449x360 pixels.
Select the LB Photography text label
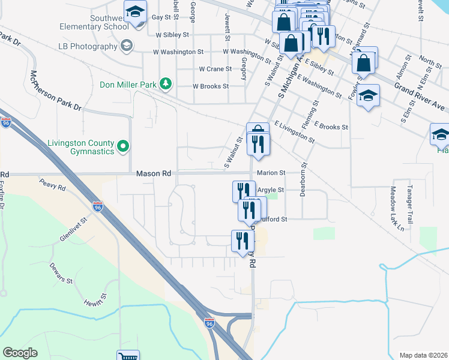(88, 46)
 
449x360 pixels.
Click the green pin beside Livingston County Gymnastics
(123, 145)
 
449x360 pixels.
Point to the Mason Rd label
(154, 173)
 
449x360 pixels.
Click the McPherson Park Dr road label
(55, 90)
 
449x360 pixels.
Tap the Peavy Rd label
(52, 184)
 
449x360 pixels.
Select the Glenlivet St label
(74, 230)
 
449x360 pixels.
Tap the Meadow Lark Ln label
(401, 208)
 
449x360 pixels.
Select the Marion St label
(270, 173)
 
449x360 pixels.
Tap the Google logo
(20, 353)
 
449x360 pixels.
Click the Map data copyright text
(423, 355)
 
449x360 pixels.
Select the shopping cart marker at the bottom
(128, 356)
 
